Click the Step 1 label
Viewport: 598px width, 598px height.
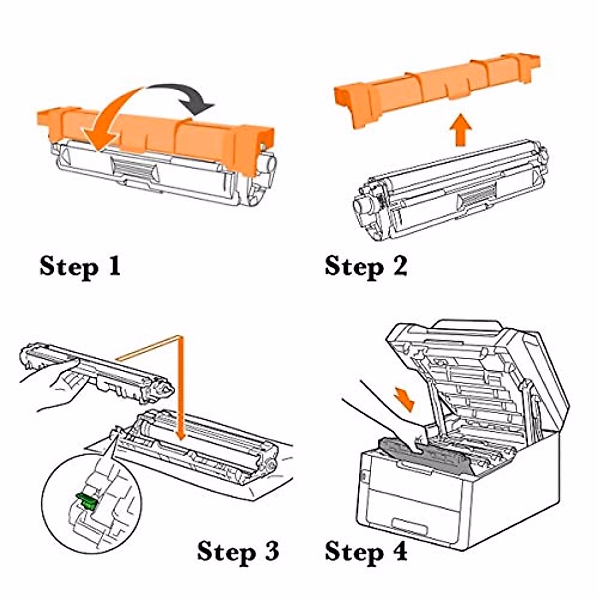pyautogui.click(x=80, y=266)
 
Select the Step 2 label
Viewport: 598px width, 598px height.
pyautogui.click(x=366, y=266)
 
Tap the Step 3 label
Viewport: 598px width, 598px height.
pyautogui.click(x=238, y=551)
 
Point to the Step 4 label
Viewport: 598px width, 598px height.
pyautogui.click(x=366, y=551)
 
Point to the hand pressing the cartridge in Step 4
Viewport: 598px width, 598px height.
pyautogui.click(x=394, y=424)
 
